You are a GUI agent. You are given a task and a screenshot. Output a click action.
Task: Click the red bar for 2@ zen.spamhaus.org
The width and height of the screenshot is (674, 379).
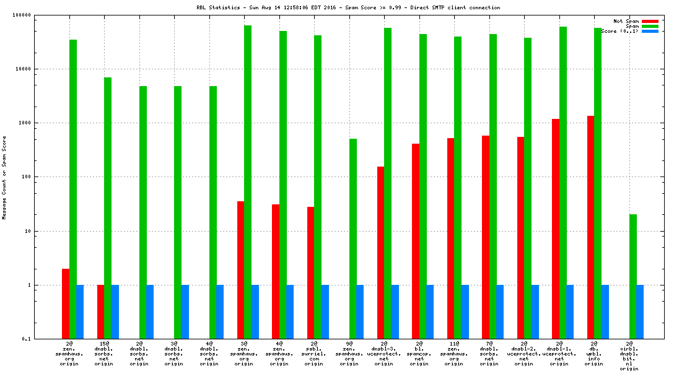[x=66, y=303]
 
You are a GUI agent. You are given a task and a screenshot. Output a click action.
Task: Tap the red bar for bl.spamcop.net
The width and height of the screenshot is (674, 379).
[x=416, y=241]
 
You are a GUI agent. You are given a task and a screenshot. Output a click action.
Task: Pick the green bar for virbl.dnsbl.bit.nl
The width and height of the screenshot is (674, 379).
[x=632, y=276]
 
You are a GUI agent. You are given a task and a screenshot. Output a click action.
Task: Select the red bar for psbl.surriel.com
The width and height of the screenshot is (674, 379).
[x=310, y=272]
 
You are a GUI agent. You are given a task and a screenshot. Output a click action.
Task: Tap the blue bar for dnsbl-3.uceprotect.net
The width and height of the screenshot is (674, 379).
[x=395, y=311]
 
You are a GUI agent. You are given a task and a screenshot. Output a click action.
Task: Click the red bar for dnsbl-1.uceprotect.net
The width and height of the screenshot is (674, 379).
[x=556, y=229]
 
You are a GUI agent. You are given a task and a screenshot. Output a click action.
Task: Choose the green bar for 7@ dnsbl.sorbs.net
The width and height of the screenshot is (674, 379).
[x=493, y=186]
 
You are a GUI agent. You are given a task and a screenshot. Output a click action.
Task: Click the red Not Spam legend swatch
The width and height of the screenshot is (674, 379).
[x=650, y=21]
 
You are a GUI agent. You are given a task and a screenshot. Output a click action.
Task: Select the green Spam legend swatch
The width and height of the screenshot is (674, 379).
[x=650, y=26]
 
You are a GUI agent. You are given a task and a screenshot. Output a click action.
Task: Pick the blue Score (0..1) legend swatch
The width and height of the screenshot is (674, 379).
[x=650, y=31]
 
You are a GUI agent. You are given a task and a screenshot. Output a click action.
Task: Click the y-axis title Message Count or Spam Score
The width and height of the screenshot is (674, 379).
[x=4, y=178]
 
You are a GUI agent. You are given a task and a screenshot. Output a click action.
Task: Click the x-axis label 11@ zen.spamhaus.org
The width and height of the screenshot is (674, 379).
[x=454, y=353]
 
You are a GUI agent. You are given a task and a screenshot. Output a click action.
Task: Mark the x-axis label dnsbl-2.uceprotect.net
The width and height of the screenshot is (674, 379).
[x=524, y=353]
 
